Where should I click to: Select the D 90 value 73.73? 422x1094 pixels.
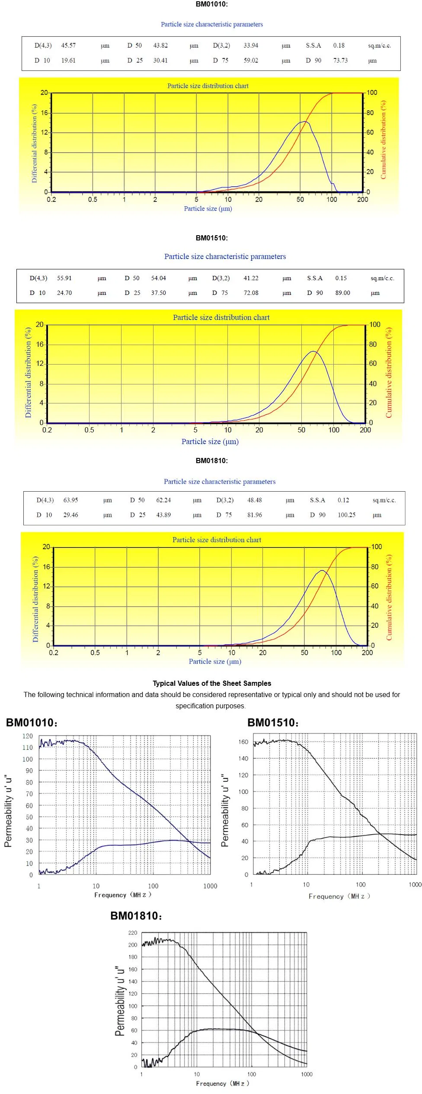[340, 61]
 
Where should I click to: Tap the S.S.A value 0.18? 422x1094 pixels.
[339, 45]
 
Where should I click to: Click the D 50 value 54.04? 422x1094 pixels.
[158, 278]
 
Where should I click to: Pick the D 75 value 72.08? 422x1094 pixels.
[251, 293]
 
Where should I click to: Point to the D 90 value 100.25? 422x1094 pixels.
[346, 515]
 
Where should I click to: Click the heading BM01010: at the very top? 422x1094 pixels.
[211, 4]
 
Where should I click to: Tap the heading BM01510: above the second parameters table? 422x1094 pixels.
[211, 238]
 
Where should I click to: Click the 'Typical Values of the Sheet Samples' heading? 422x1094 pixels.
[212, 684]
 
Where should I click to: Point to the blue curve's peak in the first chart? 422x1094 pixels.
[304, 122]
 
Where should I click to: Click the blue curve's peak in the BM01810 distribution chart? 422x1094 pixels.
[322, 571]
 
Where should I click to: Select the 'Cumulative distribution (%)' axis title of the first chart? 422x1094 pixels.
[383, 140]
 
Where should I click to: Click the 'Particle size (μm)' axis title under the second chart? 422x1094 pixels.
[210, 441]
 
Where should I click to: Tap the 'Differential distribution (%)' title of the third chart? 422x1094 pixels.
[35, 599]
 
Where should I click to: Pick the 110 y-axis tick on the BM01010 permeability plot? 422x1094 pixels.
[28, 748]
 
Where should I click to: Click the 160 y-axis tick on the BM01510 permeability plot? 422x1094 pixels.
[243, 742]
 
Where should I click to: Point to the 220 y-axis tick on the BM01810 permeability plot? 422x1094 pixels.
[132, 933]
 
